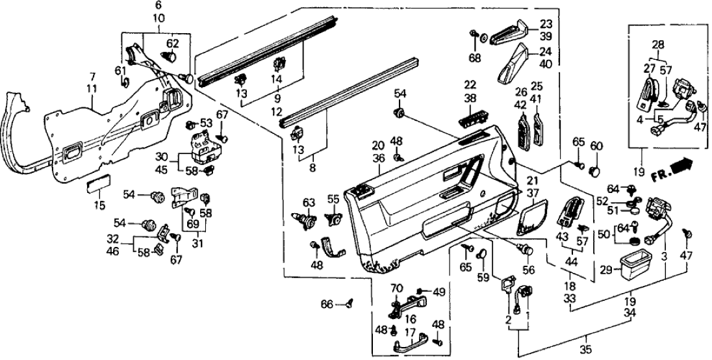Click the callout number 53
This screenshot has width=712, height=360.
coord(207,122)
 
